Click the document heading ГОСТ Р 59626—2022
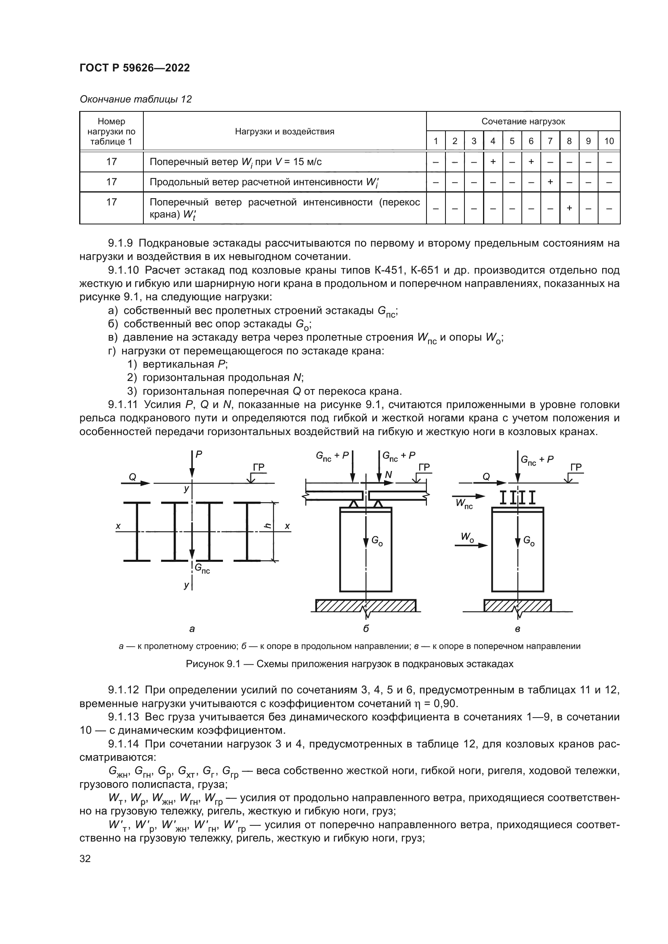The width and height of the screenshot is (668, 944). point(134,68)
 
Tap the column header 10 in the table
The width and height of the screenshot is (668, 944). point(609,141)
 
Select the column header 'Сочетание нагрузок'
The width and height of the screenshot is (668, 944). point(523,121)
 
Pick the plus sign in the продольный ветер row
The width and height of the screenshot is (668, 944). point(550,182)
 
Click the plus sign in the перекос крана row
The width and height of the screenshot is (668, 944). point(569,208)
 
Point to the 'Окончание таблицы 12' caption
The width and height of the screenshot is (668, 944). point(135,99)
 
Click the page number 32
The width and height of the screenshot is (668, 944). point(85,858)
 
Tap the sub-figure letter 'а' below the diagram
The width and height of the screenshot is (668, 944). point(192,629)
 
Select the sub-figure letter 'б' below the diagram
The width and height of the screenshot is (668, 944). point(366,629)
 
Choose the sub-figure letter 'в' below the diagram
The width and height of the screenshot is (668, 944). point(518,629)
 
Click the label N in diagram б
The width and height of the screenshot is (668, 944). point(388,475)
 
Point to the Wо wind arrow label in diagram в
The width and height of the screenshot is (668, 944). point(466,536)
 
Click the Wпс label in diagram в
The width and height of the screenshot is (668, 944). point(464,504)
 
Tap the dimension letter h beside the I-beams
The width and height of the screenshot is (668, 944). point(267,526)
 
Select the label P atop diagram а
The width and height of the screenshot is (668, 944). point(199,454)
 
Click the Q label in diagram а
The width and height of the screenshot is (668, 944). point(132,477)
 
